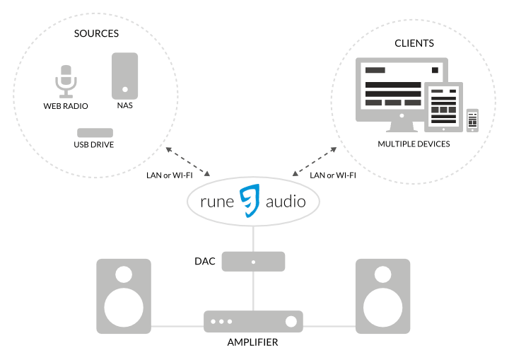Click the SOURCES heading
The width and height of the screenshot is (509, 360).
[x=96, y=33]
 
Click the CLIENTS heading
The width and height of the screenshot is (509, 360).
[x=414, y=43]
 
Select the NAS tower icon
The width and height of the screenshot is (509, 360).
[x=125, y=76]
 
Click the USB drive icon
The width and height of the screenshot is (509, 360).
[x=94, y=133]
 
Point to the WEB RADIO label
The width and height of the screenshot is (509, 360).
[x=66, y=107]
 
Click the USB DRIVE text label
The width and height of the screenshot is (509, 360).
[x=94, y=145]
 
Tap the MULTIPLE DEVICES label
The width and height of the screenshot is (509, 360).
[x=414, y=144]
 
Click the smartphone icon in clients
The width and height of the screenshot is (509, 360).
[x=472, y=120]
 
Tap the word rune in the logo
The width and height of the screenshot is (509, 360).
[x=219, y=202]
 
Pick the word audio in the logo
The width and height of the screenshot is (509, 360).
[x=286, y=202]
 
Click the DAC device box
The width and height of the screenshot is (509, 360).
[x=253, y=261]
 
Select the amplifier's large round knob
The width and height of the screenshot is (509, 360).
[x=291, y=322]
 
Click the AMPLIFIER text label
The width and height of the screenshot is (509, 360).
[x=252, y=342]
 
